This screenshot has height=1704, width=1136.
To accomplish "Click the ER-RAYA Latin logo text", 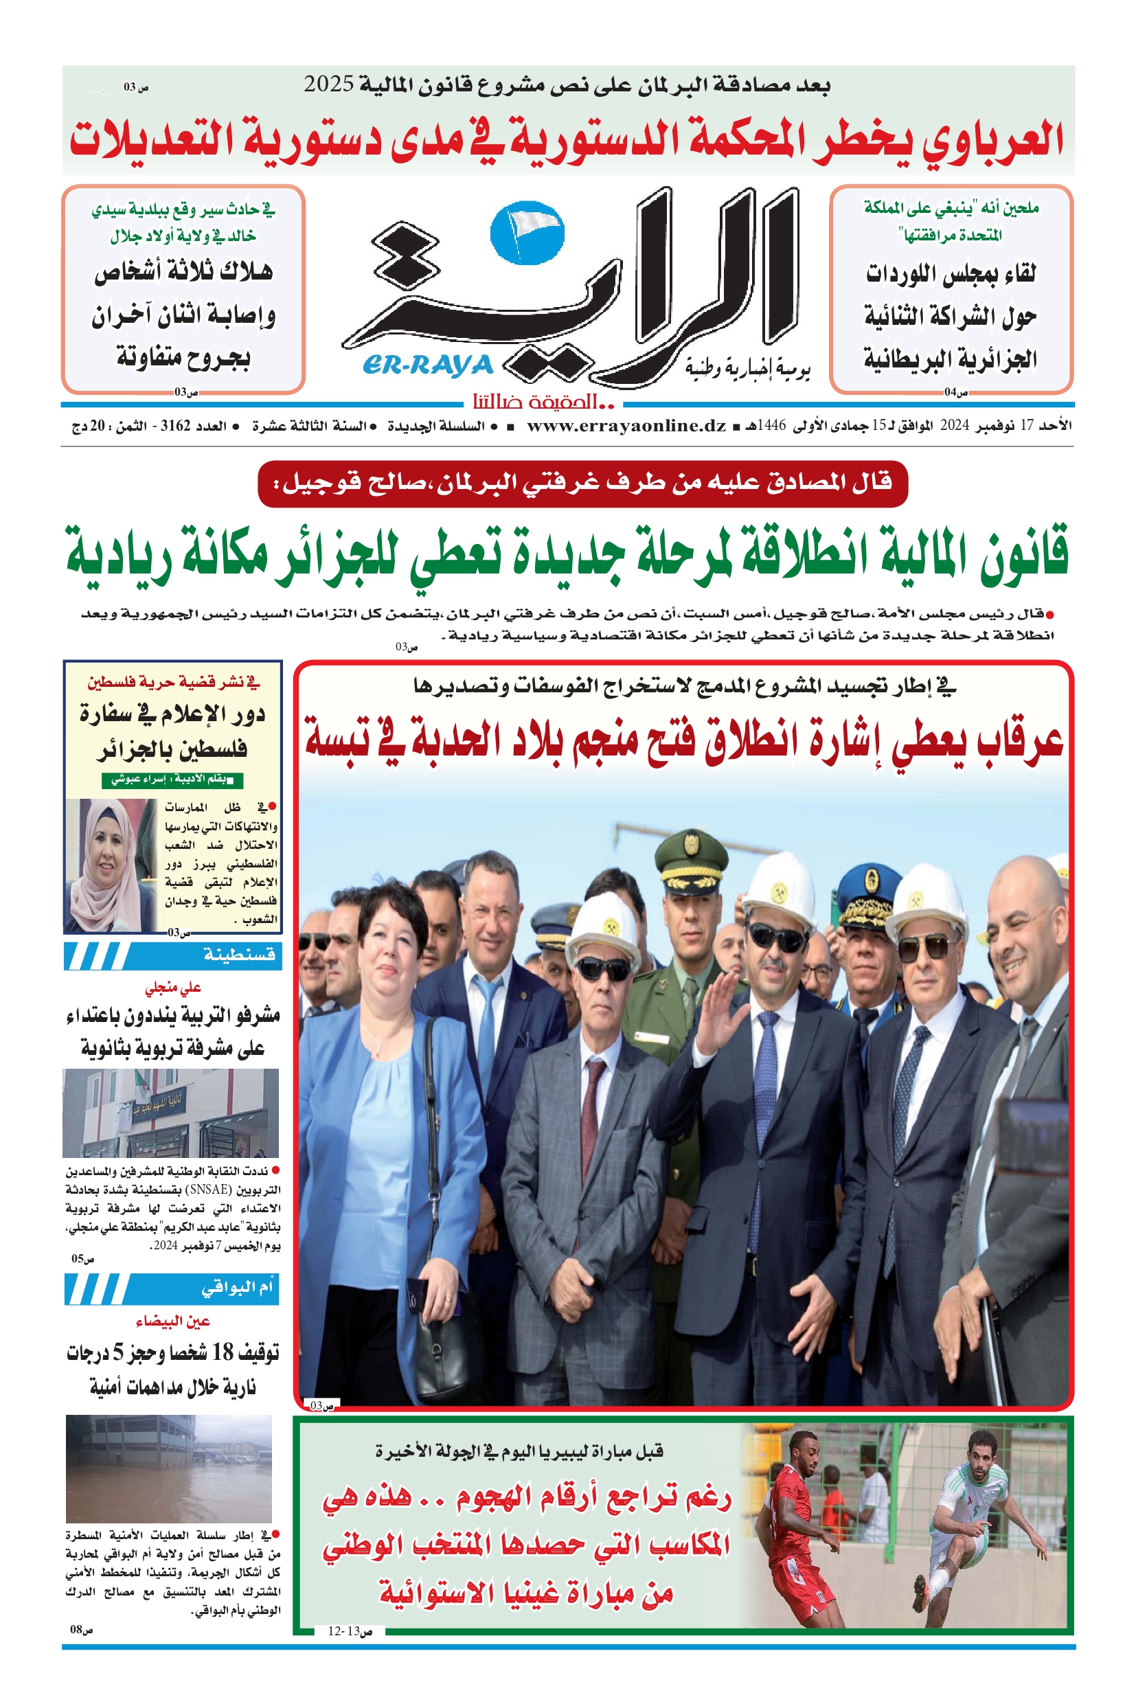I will point(427,366).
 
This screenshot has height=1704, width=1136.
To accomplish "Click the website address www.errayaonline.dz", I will point(626,426).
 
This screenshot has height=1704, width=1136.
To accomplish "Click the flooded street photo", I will point(169,1468).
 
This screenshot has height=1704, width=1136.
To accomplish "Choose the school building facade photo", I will point(170,1113).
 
